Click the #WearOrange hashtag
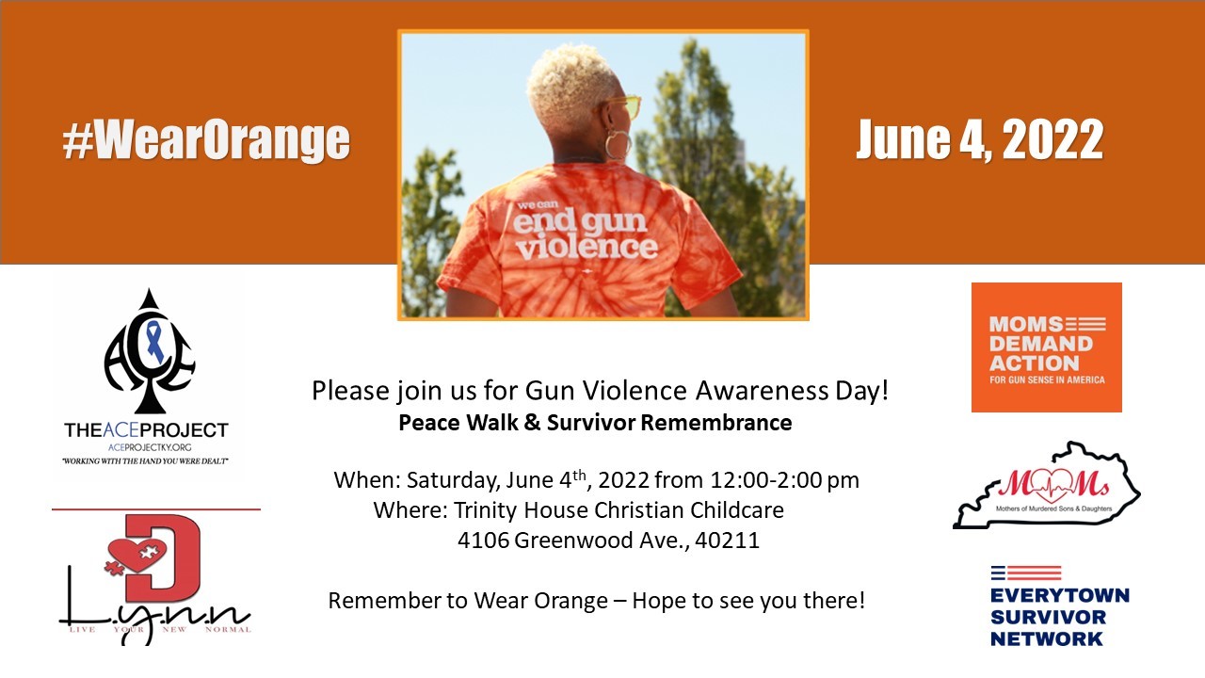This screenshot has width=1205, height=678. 206,140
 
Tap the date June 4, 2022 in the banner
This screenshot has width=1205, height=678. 979,140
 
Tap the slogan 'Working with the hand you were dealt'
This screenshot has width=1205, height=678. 146,461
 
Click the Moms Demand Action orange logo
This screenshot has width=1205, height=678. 1046,347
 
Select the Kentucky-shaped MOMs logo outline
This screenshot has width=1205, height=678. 1046,486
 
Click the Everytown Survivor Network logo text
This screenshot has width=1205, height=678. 1059,617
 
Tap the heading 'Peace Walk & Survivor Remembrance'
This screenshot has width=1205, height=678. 595,423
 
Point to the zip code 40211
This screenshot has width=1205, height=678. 727,541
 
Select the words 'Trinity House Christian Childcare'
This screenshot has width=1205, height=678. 619,510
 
